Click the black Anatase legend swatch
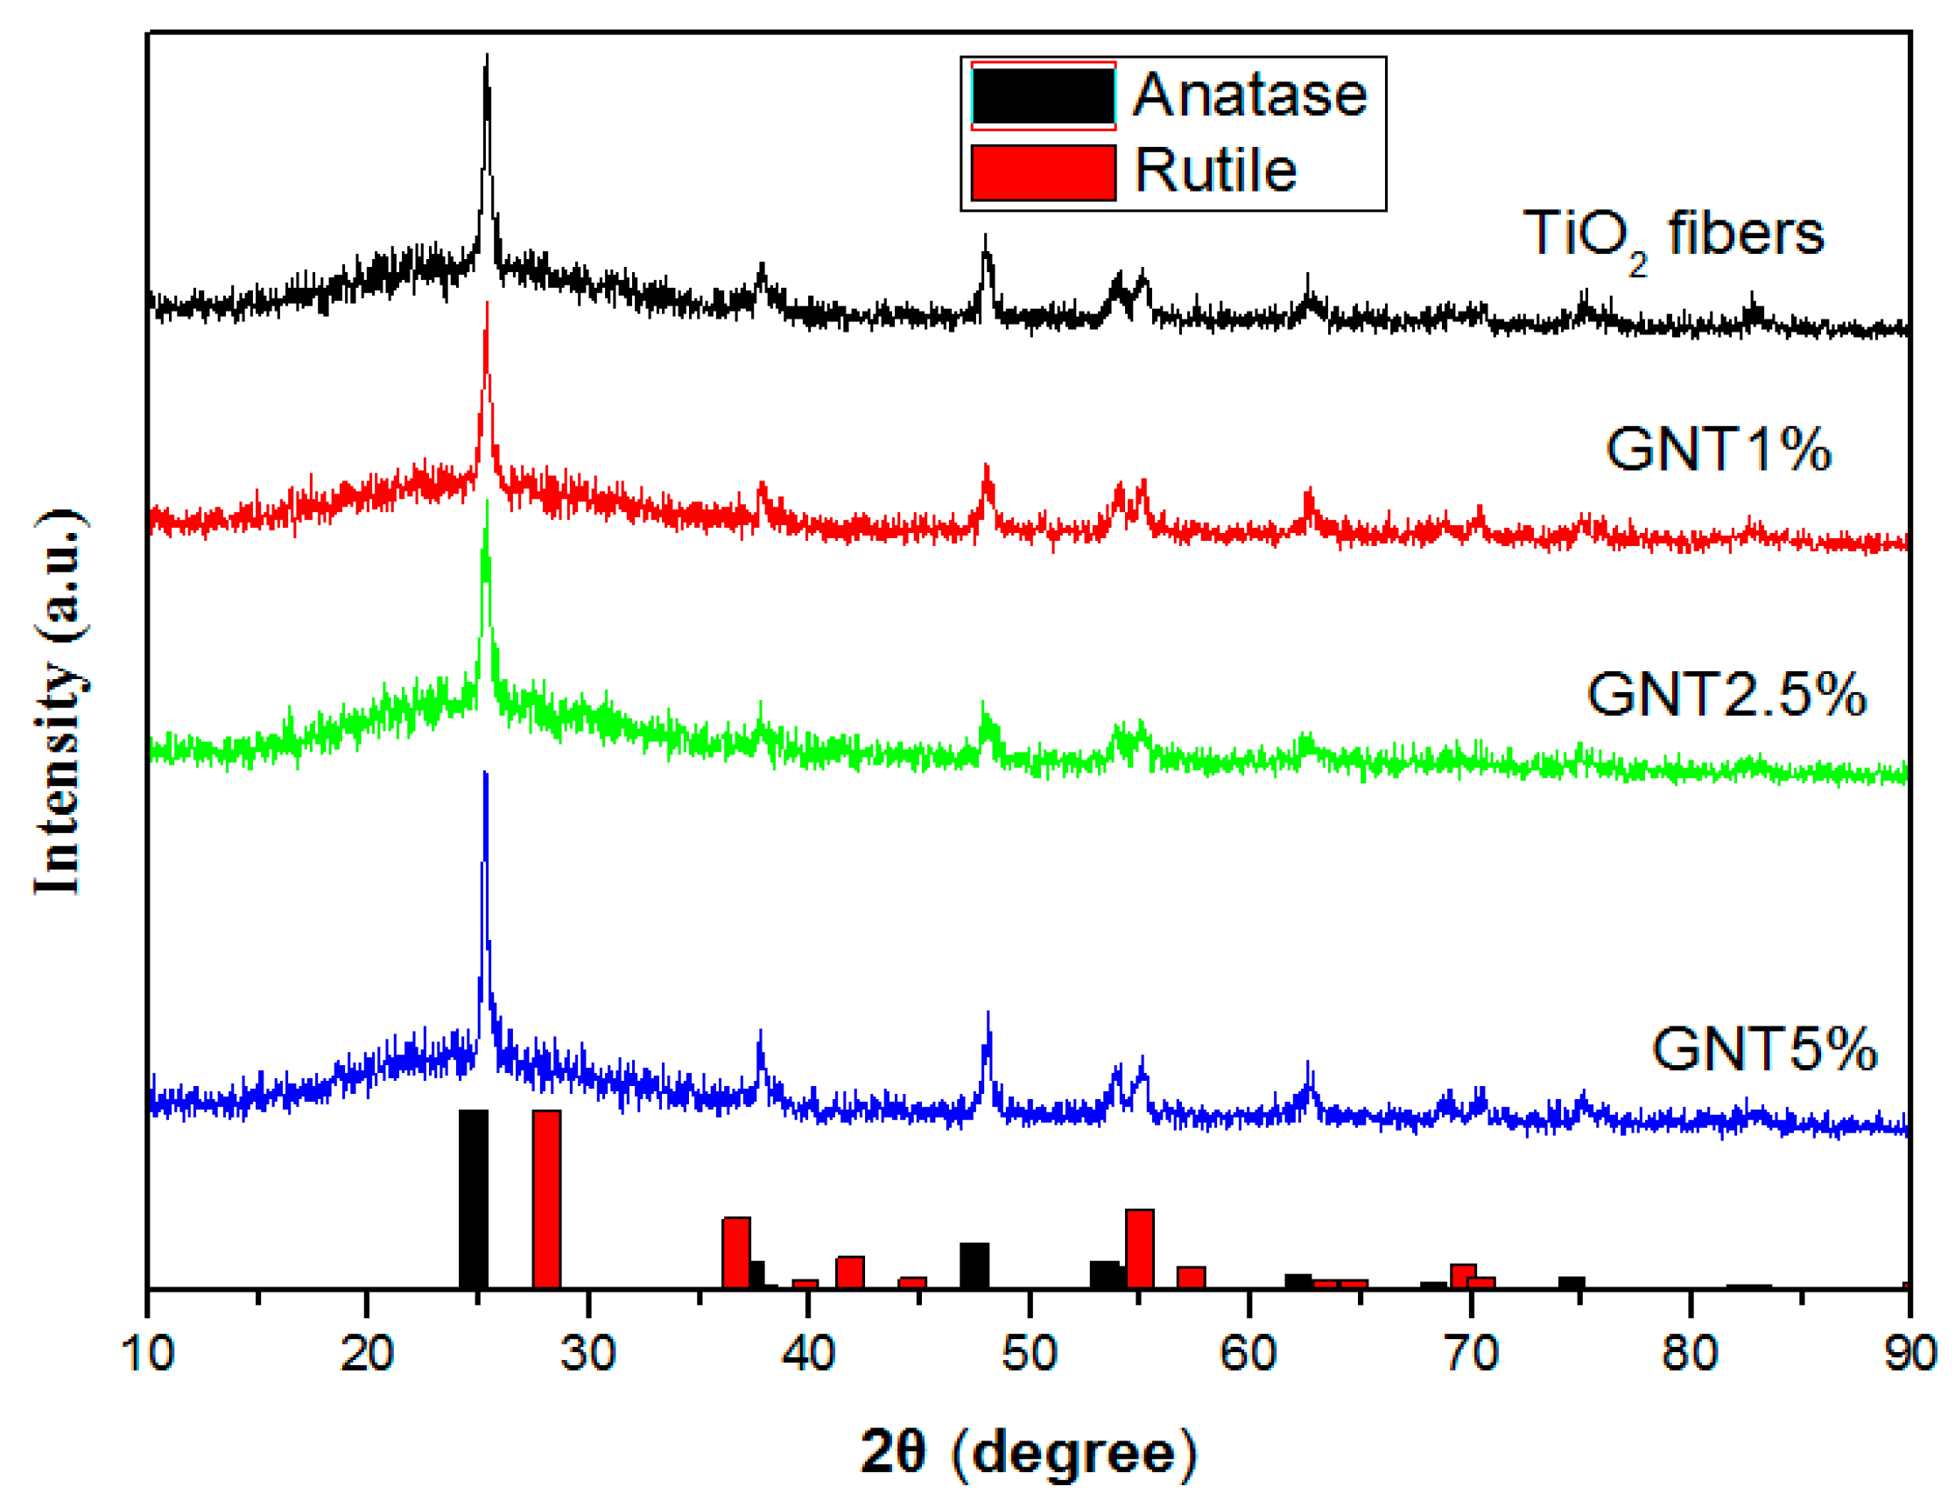[1043, 95]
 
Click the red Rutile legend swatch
[1043, 172]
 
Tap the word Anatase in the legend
[1249, 95]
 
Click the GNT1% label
[1718, 449]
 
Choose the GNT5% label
[1763, 1048]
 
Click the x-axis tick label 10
[148, 1352]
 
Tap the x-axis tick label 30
[588, 1352]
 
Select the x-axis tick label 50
[1030, 1352]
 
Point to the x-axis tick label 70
[1471, 1352]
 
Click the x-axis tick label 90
[1910, 1352]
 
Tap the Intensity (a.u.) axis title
[60, 703]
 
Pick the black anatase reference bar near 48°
[974, 1265]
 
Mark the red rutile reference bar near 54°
[1140, 1248]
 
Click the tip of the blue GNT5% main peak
[485, 775]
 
